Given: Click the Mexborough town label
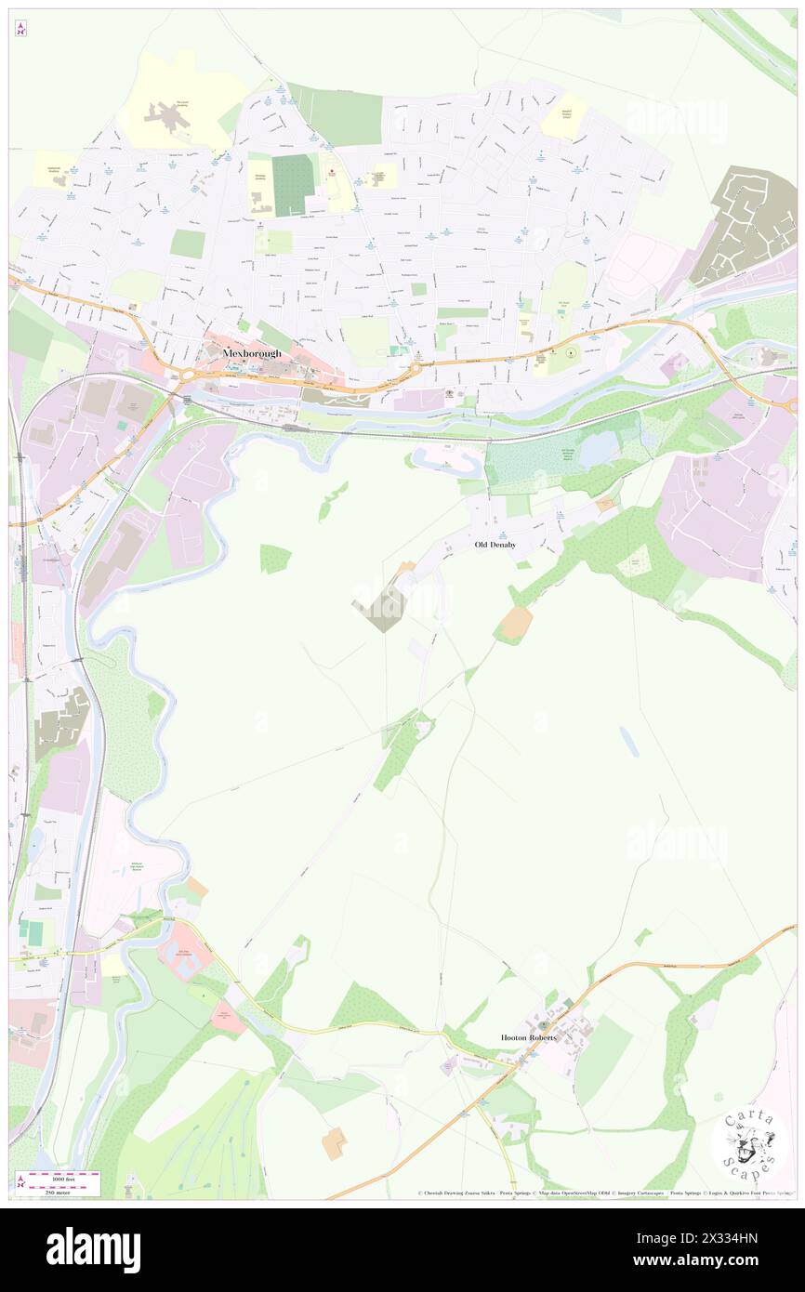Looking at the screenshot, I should (251, 353).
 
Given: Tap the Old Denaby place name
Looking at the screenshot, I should (495, 545).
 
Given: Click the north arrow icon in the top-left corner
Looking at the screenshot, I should (20, 29).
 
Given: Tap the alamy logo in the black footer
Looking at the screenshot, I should (93, 1249).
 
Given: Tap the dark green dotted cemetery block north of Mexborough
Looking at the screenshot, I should (293, 184).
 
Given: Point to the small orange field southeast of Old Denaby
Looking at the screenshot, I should (515, 622).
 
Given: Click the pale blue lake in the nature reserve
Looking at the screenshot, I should (598, 449).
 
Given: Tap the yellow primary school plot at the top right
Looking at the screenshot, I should (564, 118).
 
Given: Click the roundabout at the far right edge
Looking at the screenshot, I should (791, 405).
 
